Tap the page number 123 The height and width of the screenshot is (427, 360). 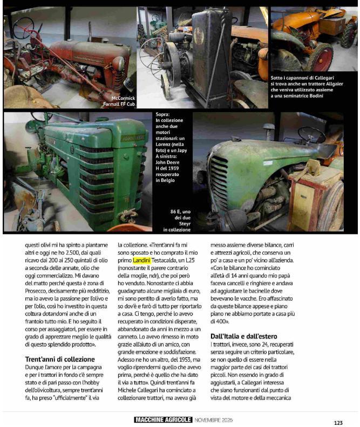338,423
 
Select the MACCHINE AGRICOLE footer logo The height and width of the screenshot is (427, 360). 163,419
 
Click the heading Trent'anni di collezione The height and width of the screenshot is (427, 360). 60,359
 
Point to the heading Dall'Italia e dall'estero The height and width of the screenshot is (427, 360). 242,336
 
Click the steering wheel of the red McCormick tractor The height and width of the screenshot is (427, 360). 23,28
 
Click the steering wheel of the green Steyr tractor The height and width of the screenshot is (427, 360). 311,134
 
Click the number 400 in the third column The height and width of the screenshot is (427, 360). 218,321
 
